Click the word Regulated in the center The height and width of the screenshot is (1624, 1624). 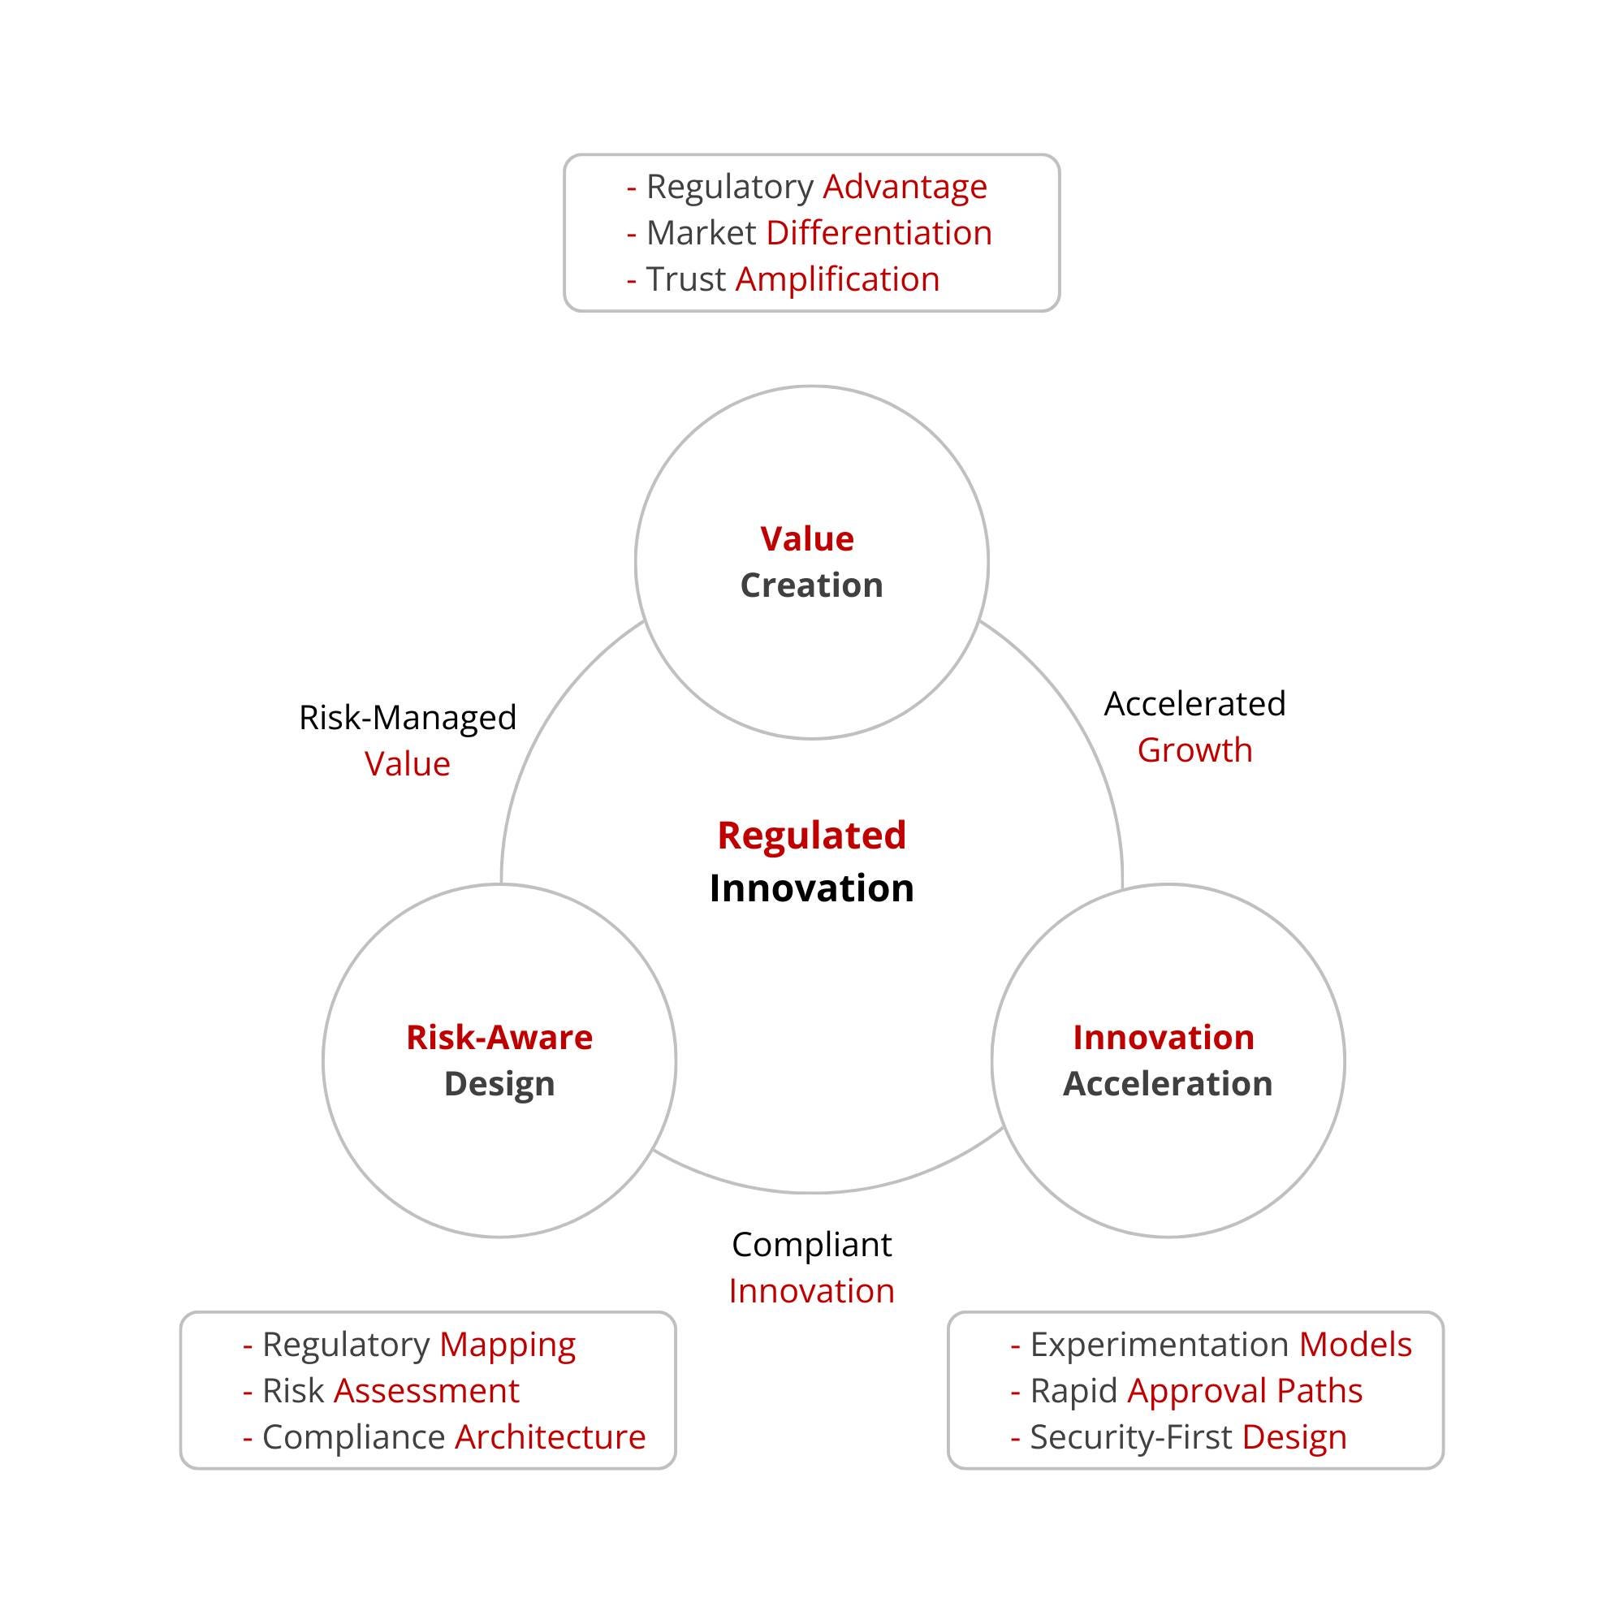tap(811, 836)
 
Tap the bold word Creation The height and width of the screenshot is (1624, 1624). tap(811, 585)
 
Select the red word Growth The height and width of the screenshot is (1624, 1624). tap(1194, 749)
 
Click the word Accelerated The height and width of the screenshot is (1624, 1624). tap(1194, 703)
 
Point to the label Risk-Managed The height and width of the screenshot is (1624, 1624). tap(408, 717)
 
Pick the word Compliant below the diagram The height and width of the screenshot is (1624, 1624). tap(811, 1245)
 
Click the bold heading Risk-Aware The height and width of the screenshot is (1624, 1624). tap(499, 1037)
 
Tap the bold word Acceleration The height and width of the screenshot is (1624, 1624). tap(1168, 1083)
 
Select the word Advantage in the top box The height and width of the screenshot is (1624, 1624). tap(905, 187)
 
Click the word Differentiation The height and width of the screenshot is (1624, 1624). tap(879, 233)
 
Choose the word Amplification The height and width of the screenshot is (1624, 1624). tap(837, 279)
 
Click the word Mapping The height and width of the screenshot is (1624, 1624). tap(507, 1344)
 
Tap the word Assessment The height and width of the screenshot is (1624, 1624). tap(426, 1390)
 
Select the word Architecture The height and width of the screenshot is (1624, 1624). tap(550, 1436)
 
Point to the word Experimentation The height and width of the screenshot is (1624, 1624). tap(1160, 1344)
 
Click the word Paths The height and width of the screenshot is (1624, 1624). tap(1319, 1390)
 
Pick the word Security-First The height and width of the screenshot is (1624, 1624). tap(1130, 1436)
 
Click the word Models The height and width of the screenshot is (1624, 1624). tap(1355, 1344)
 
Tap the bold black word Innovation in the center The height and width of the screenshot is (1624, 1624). tap(811, 888)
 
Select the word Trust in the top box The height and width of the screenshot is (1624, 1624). tap(685, 279)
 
